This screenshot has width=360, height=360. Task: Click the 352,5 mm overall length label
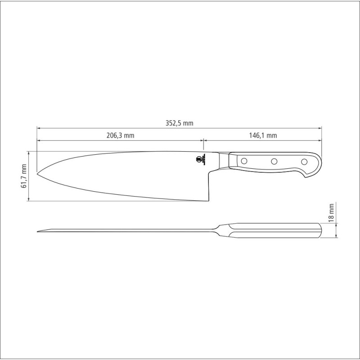click(179, 123)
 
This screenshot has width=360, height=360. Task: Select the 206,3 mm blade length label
click(120, 135)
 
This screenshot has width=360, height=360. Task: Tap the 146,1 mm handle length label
click(263, 135)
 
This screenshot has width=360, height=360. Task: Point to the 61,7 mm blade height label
click(24, 176)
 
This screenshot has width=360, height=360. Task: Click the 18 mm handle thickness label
click(331, 213)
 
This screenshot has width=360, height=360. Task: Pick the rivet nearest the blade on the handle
click(244, 161)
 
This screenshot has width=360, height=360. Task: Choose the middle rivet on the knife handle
click(274, 162)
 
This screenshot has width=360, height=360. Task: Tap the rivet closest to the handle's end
click(304, 162)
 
